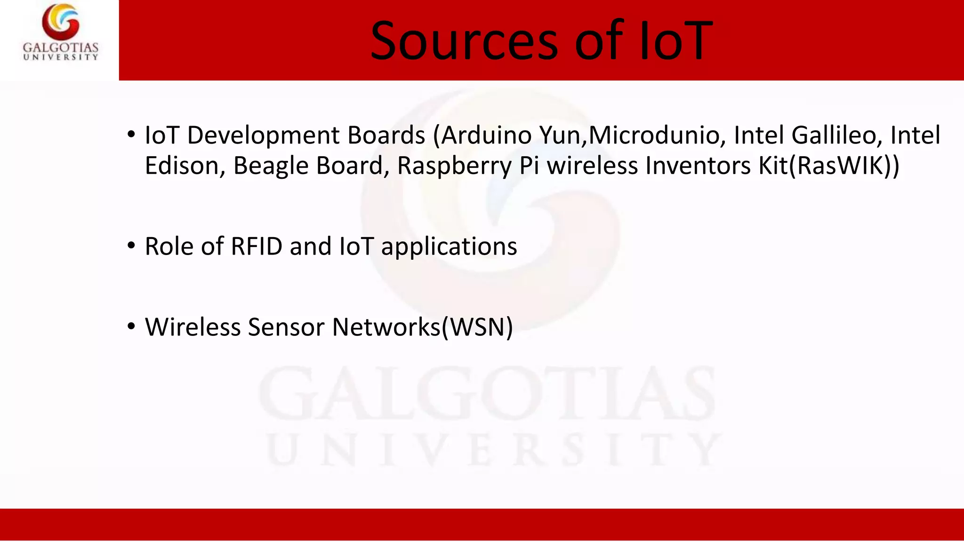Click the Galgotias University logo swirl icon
pyautogui.click(x=60, y=22)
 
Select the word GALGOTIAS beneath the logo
pyautogui.click(x=61, y=48)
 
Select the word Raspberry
pyautogui.click(x=454, y=167)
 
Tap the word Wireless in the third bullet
pyautogui.click(x=193, y=327)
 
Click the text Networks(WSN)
pyautogui.click(x=422, y=327)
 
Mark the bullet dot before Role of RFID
pyautogui.click(x=131, y=246)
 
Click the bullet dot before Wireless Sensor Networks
pyautogui.click(x=131, y=326)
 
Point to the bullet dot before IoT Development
pyautogui.click(x=131, y=135)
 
